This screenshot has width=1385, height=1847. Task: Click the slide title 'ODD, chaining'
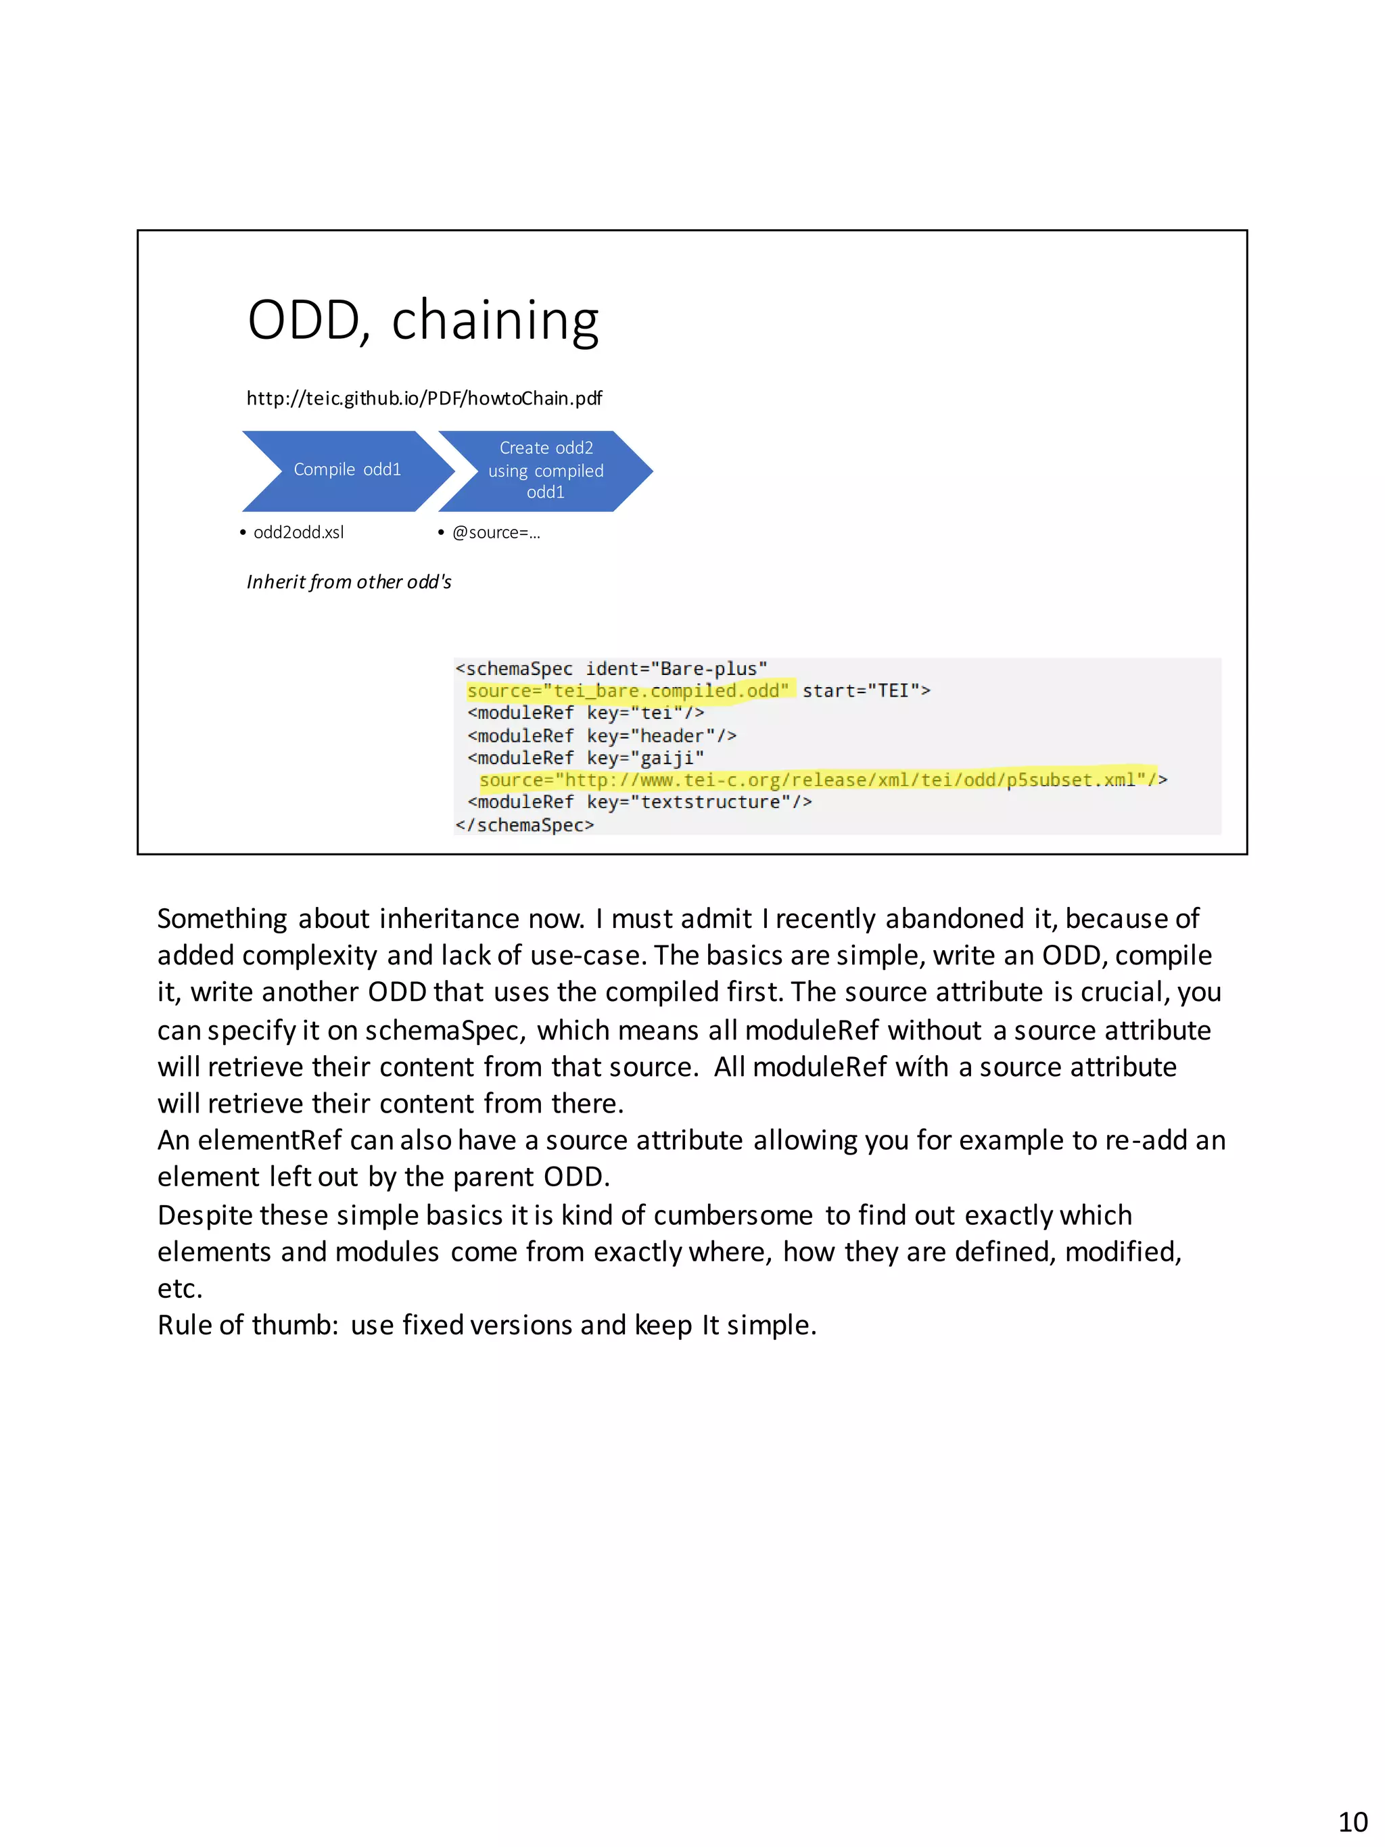tap(423, 320)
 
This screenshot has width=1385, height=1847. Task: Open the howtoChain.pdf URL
tap(423, 398)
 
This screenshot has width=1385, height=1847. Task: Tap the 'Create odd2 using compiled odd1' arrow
tap(545, 470)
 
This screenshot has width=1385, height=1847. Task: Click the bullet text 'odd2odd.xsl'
tap(298, 533)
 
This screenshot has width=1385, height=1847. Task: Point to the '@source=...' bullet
tap(496, 533)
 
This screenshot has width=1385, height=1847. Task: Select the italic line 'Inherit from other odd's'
tap(348, 582)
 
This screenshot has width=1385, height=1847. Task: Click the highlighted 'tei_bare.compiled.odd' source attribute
tap(627, 691)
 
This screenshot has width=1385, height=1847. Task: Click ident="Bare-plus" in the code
tap(676, 669)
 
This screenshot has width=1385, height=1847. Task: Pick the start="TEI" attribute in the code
tap(865, 691)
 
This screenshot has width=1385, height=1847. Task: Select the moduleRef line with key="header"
tap(601, 736)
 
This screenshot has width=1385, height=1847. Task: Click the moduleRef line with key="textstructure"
tap(638, 802)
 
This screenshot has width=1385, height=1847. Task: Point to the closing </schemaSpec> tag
tap(524, 825)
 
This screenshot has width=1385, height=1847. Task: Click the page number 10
tap(1353, 1821)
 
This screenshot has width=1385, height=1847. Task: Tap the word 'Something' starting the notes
tap(222, 918)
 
